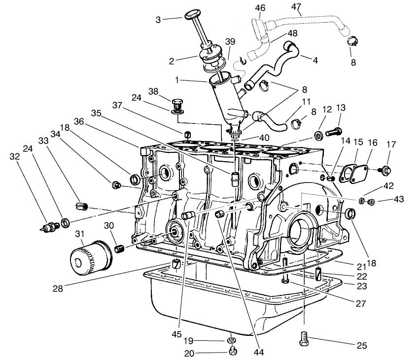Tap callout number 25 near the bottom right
[x=362, y=346]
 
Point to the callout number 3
[x=158, y=19]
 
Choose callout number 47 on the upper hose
[x=296, y=7]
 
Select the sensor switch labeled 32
[x=48, y=227]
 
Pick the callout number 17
[x=391, y=145]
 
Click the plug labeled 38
[x=178, y=105]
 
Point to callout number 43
[x=398, y=199]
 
